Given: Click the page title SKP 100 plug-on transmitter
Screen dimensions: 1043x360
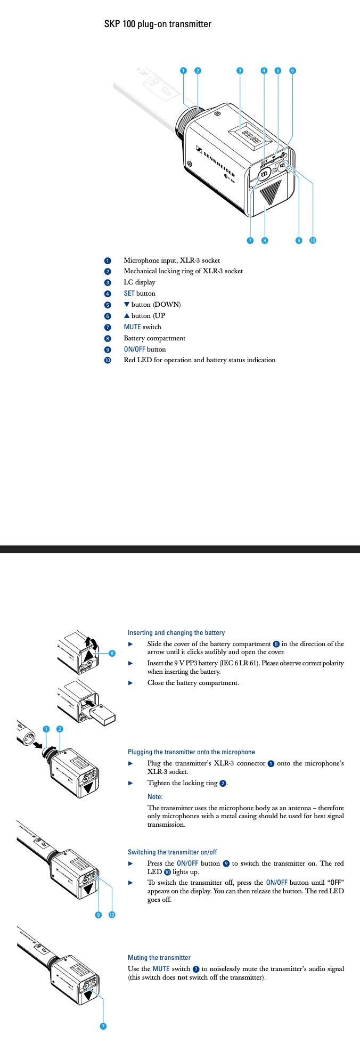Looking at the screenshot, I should tap(158, 24).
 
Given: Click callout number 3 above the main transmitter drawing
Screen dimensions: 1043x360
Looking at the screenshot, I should tap(240, 70).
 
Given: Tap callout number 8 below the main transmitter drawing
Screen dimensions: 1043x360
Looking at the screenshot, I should tap(265, 240).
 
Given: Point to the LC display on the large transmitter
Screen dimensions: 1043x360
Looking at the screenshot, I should tap(250, 137).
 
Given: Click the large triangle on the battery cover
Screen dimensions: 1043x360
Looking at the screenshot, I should tap(272, 193).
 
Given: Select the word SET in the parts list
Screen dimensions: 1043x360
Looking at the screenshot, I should tap(129, 294).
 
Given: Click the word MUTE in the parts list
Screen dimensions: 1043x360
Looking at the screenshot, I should tap(132, 327).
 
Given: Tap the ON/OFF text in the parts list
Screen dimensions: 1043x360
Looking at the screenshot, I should tap(134, 349).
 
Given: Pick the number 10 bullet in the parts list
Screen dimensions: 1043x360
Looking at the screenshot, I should tap(108, 361).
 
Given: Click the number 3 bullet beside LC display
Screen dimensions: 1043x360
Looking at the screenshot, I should tap(108, 283).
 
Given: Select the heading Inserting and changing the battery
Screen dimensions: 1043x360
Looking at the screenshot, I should tap(176, 633).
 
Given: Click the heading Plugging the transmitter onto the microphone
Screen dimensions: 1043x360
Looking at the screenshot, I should tap(191, 752).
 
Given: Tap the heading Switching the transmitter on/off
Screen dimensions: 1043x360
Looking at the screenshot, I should tap(172, 852).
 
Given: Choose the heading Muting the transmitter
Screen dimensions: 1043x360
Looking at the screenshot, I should tap(159, 958).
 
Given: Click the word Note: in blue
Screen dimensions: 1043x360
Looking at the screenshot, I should tap(155, 797).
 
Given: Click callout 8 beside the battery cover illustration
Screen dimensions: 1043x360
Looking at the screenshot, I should tap(112, 653).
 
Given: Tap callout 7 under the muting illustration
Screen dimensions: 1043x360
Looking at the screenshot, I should tap(103, 1026).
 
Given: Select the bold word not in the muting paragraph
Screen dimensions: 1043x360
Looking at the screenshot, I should tap(183, 977).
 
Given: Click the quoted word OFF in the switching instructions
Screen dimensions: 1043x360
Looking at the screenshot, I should tap(336, 883).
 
